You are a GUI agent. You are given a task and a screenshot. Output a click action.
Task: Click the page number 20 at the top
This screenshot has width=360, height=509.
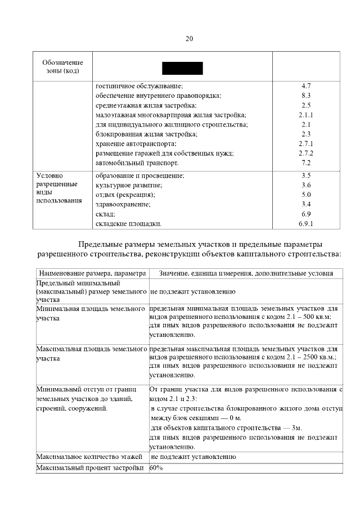coord(188,39)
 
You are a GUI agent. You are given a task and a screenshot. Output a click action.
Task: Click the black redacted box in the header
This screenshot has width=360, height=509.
coord(182,69)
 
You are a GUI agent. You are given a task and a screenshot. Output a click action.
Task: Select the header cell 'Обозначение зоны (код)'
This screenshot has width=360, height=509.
coord(62,66)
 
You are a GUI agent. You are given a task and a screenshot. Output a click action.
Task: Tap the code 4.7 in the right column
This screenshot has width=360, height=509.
coord(306,85)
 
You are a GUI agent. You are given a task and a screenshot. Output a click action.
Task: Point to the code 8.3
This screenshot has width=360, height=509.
coord(306,96)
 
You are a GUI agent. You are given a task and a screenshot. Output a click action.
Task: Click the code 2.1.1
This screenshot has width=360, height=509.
coord(306,115)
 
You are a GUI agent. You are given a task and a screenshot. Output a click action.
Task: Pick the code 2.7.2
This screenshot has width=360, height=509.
coord(306,153)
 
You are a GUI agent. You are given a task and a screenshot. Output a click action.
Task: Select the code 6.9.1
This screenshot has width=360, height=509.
coord(306,223)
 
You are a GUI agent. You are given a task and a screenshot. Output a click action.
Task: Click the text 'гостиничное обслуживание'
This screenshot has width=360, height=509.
coord(139,85)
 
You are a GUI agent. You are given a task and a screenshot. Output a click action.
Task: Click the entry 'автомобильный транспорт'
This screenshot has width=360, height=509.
coord(137,163)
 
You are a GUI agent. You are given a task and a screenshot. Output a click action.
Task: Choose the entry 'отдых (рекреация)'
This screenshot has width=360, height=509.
coord(125,195)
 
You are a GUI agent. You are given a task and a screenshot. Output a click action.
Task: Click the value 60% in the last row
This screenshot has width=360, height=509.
coord(156,468)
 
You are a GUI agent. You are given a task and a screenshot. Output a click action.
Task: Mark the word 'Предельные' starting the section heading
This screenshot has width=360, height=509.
coord(100,245)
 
